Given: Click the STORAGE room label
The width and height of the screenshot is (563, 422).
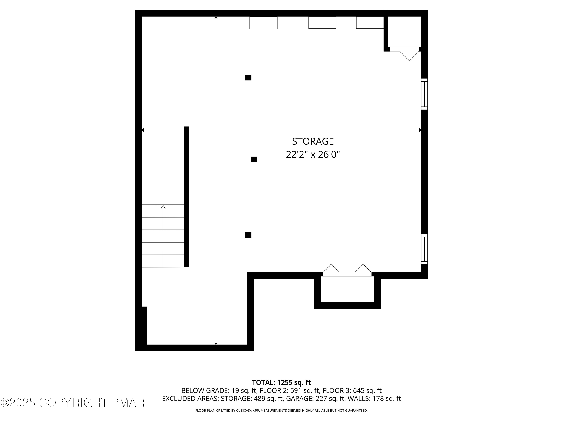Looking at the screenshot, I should (x=313, y=141).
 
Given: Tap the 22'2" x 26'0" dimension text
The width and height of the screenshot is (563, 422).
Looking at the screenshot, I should (x=313, y=154).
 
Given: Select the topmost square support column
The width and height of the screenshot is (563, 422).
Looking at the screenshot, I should (x=248, y=78).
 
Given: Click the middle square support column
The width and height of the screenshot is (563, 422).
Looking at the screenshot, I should (x=254, y=159).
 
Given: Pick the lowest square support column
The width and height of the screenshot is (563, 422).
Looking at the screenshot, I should (x=248, y=235).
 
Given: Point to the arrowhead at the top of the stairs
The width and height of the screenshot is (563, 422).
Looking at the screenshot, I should (x=163, y=207).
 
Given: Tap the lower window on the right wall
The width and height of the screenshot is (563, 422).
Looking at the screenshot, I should (x=424, y=249).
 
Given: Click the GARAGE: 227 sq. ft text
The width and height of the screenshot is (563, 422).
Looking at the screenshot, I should (x=315, y=399).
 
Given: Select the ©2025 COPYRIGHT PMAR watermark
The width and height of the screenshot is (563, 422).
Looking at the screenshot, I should (x=73, y=402).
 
